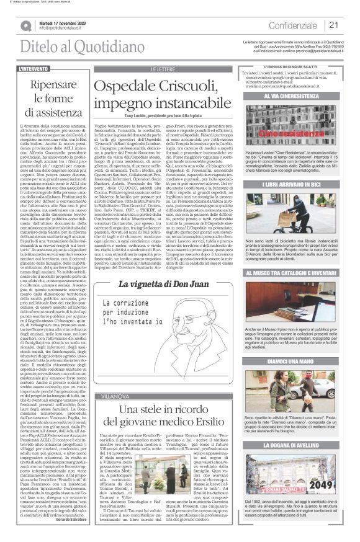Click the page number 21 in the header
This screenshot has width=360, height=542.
point(334,25)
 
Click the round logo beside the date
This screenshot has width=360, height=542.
point(26,25)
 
